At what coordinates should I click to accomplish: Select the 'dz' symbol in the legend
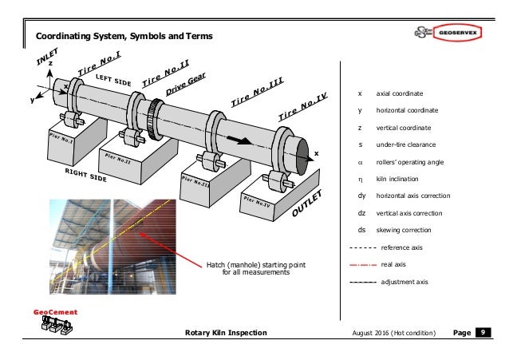(362, 212)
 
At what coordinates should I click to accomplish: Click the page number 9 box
(483, 331)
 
